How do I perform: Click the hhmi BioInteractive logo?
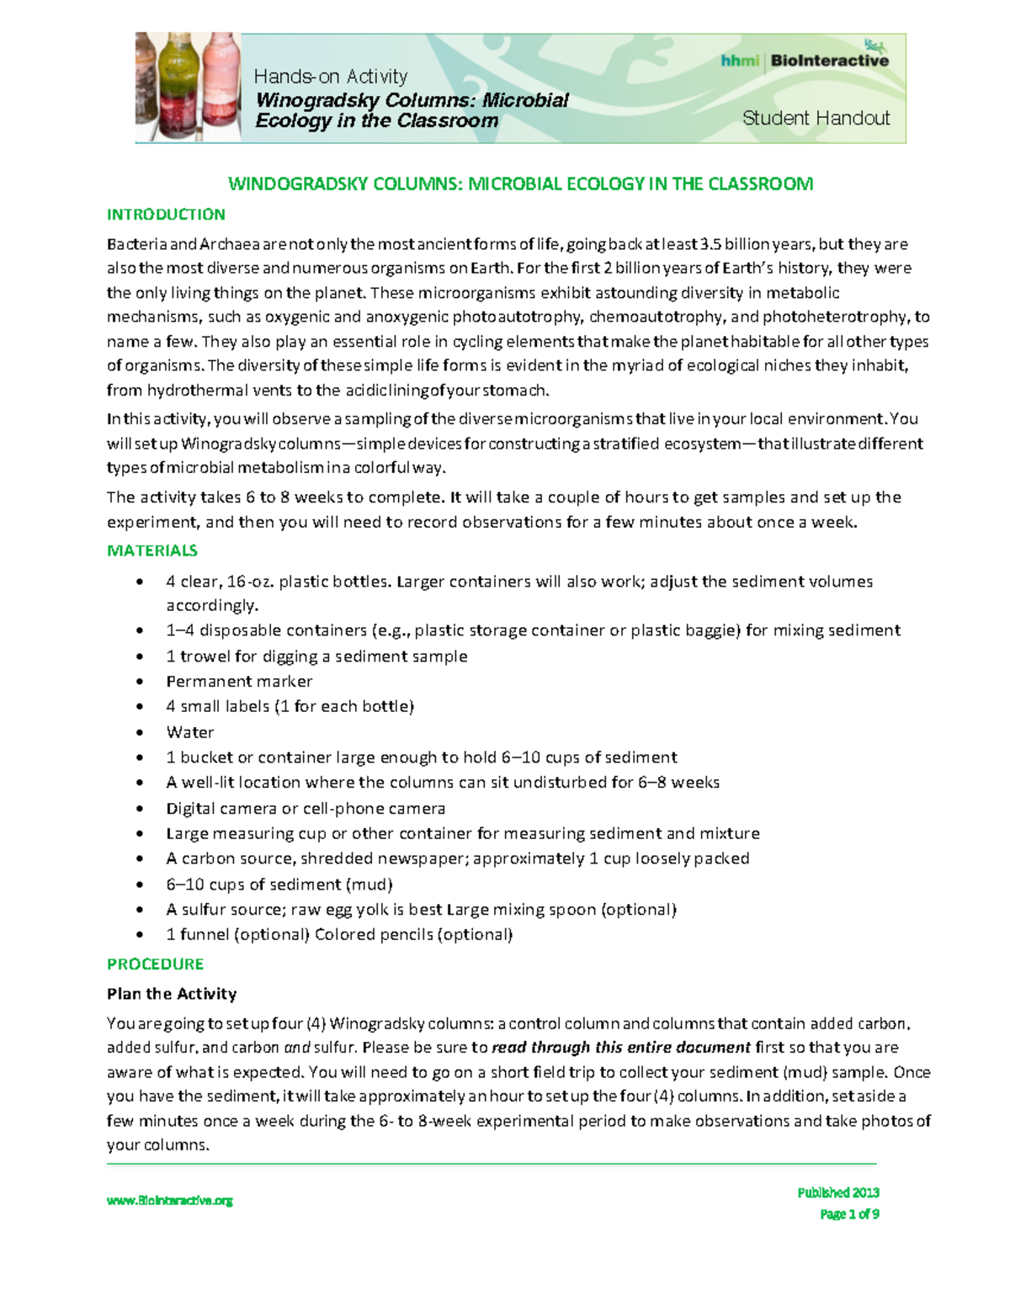[804, 60]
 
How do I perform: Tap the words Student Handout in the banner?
[815, 119]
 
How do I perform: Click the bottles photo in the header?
[188, 88]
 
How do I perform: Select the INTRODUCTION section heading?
[166, 215]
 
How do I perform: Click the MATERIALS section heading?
[152, 550]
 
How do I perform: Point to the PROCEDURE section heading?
[155, 964]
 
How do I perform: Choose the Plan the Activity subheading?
[172, 994]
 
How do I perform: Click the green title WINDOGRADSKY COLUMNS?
[520, 184]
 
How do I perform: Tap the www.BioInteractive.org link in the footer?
[169, 1201]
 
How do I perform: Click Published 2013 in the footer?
[837, 1193]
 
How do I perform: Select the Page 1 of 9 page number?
[849, 1214]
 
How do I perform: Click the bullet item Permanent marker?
[239, 682]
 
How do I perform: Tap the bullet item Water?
[190, 732]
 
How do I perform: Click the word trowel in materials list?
[205, 656]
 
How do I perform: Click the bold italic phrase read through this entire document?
[620, 1048]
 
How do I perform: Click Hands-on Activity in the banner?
[330, 77]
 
